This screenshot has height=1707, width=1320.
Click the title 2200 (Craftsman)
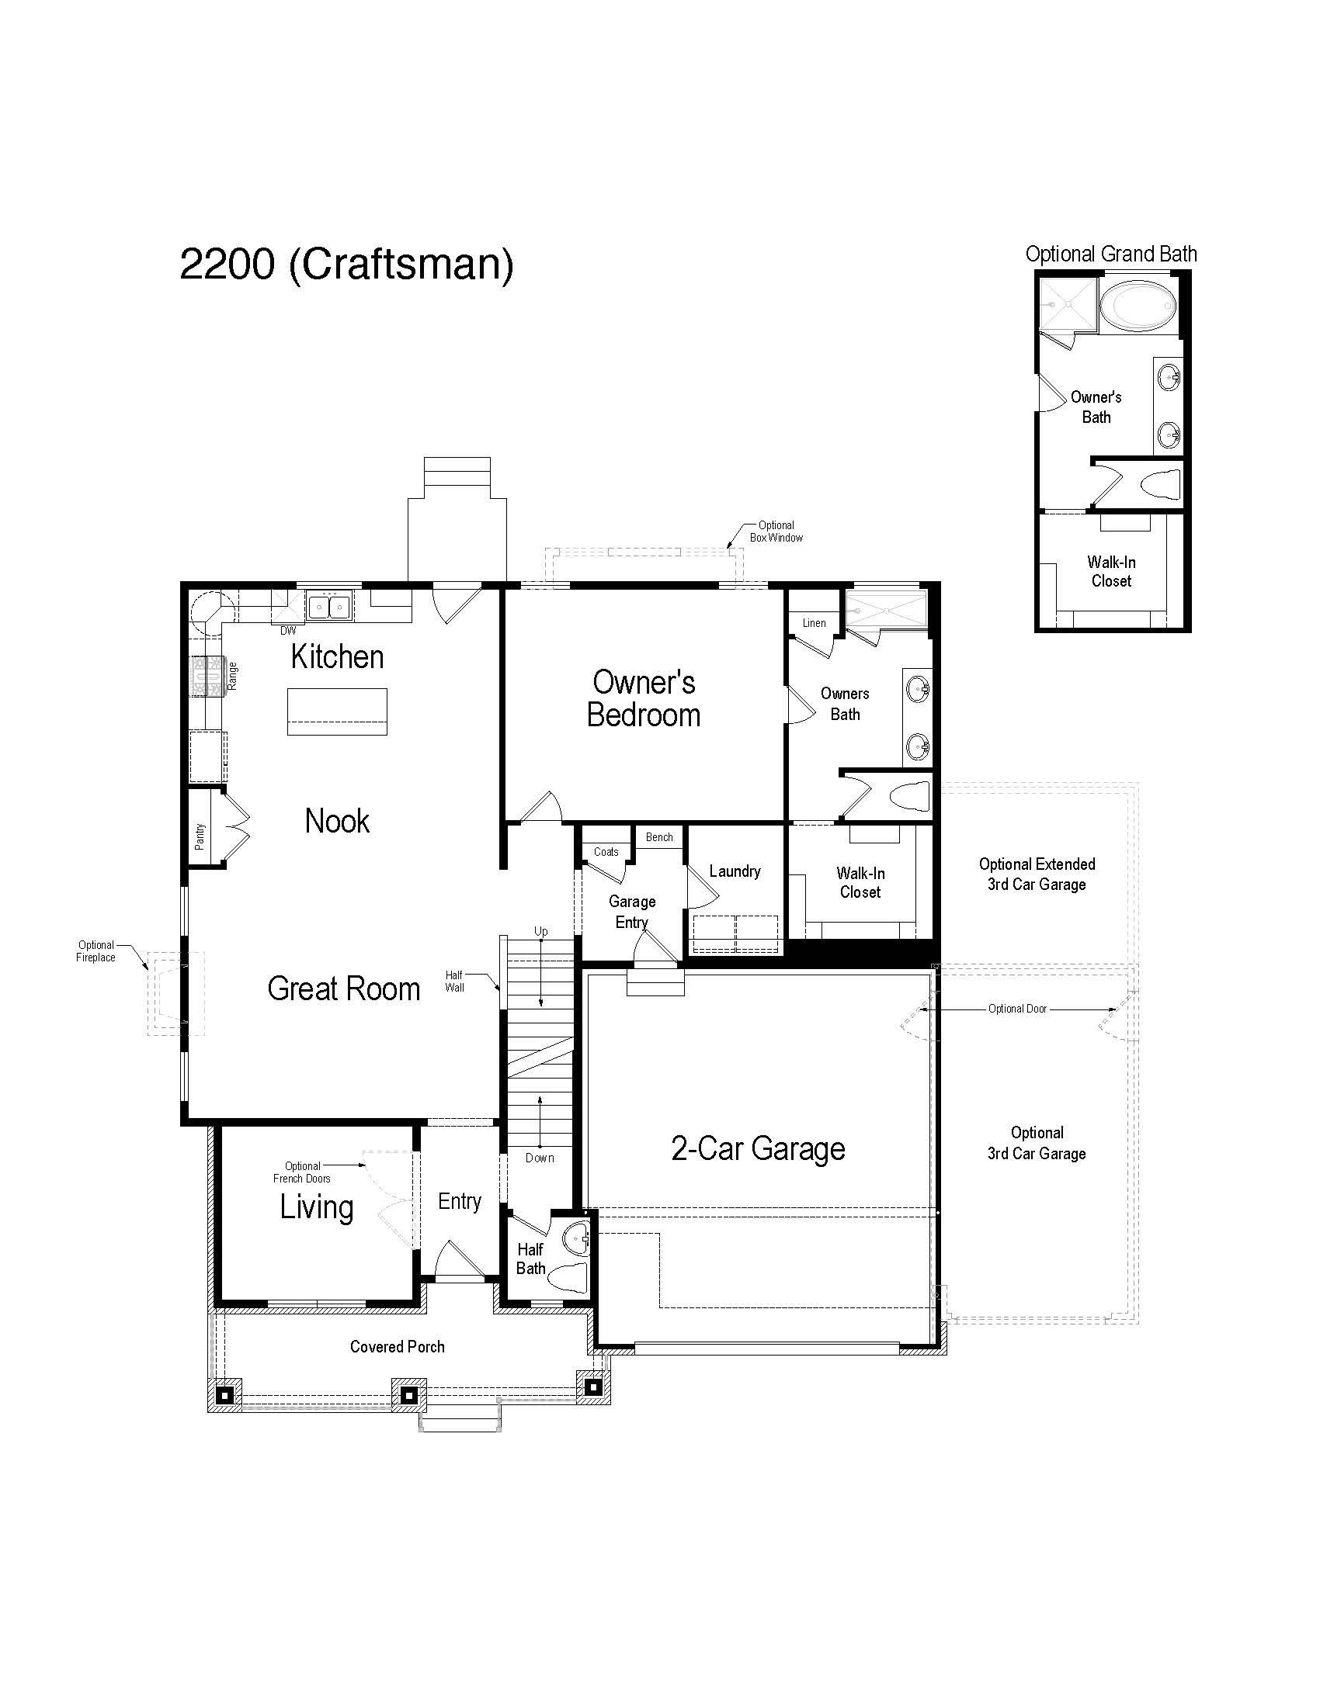346,264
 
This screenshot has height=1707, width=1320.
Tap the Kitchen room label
337,657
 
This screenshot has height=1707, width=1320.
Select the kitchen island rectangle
337,712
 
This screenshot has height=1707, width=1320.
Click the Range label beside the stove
232,676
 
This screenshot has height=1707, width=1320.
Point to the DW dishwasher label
289,630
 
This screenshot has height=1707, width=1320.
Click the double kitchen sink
329,606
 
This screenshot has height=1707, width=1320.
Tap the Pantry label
200,836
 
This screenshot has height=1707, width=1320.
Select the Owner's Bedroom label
644,699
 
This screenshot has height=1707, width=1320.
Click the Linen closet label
814,623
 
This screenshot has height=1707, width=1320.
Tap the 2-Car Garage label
758,1149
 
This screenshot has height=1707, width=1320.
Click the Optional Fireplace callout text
96,951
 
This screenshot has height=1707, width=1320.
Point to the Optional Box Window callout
776,531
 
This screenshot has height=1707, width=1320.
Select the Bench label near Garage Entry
659,837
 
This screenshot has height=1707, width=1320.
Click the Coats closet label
606,852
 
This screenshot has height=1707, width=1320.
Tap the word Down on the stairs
540,1158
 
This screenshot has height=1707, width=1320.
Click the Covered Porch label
398,1347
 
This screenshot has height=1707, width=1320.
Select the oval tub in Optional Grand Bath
1137,307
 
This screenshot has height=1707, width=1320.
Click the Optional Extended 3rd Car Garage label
1037,874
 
